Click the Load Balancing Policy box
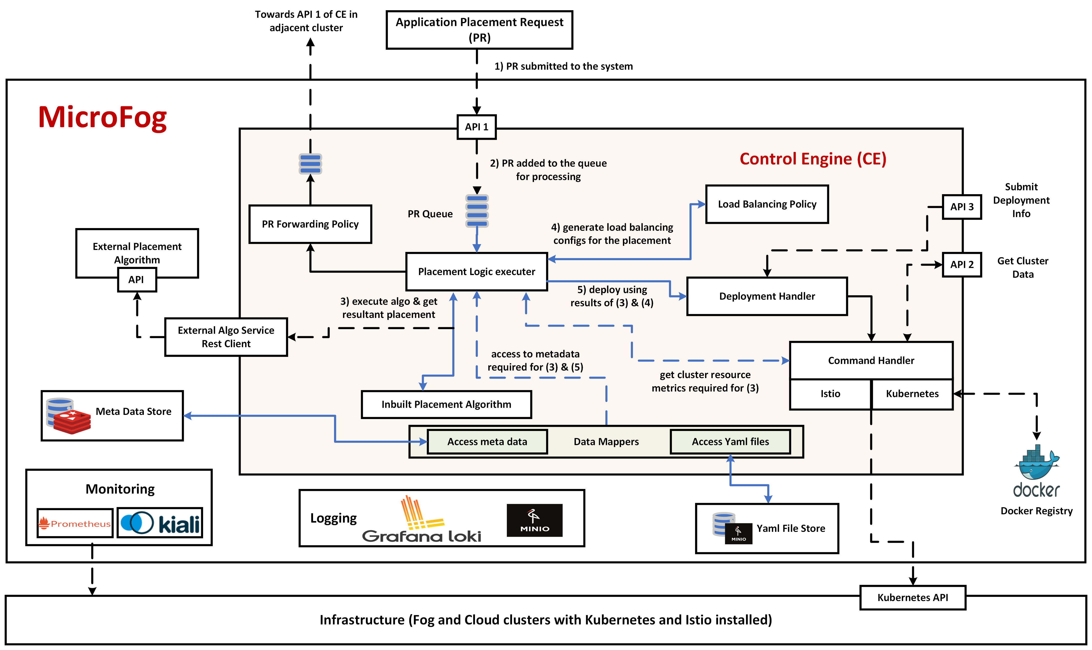coord(767,204)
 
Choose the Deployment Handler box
coord(767,296)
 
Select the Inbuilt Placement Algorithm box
coord(446,404)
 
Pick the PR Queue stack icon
coord(477,211)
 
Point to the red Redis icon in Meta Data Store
coord(72,421)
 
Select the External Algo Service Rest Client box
coord(226,337)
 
